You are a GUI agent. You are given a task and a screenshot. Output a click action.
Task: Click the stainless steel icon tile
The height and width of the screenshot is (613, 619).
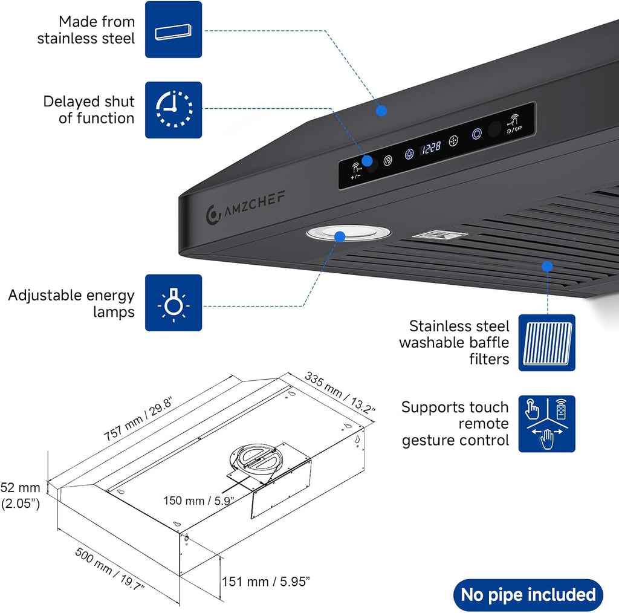point(173,30)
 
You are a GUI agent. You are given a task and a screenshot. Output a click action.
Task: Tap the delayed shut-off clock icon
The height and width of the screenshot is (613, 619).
point(173,110)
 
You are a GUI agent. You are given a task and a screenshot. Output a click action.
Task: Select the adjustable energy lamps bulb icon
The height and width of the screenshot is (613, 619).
point(173,303)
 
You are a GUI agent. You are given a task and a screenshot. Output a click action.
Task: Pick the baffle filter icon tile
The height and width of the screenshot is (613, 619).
point(546,343)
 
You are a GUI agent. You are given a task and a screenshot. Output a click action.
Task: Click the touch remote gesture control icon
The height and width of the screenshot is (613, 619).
point(546,424)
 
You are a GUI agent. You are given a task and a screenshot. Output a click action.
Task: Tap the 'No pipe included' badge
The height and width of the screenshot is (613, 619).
point(528,594)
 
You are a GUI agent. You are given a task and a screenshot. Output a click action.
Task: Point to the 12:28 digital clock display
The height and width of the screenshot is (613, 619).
point(431,148)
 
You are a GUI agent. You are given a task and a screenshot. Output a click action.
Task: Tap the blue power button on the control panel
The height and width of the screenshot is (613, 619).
point(477,134)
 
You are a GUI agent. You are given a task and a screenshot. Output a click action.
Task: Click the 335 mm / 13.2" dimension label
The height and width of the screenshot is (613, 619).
point(340,392)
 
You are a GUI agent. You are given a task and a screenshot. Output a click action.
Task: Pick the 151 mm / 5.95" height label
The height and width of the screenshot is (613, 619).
point(266,582)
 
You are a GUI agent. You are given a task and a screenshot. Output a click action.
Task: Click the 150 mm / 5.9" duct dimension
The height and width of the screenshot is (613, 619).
point(198,501)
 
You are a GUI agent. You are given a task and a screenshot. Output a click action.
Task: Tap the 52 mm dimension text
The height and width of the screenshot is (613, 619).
point(20,488)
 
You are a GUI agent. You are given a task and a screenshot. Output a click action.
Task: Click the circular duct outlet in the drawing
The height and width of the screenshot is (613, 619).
point(256,462)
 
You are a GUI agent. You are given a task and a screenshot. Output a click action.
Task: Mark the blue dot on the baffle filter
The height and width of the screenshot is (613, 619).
point(547,267)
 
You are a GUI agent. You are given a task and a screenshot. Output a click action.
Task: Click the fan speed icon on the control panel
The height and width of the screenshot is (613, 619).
point(453,141)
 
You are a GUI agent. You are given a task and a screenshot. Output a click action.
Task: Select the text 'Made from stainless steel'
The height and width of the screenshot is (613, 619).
point(86,30)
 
